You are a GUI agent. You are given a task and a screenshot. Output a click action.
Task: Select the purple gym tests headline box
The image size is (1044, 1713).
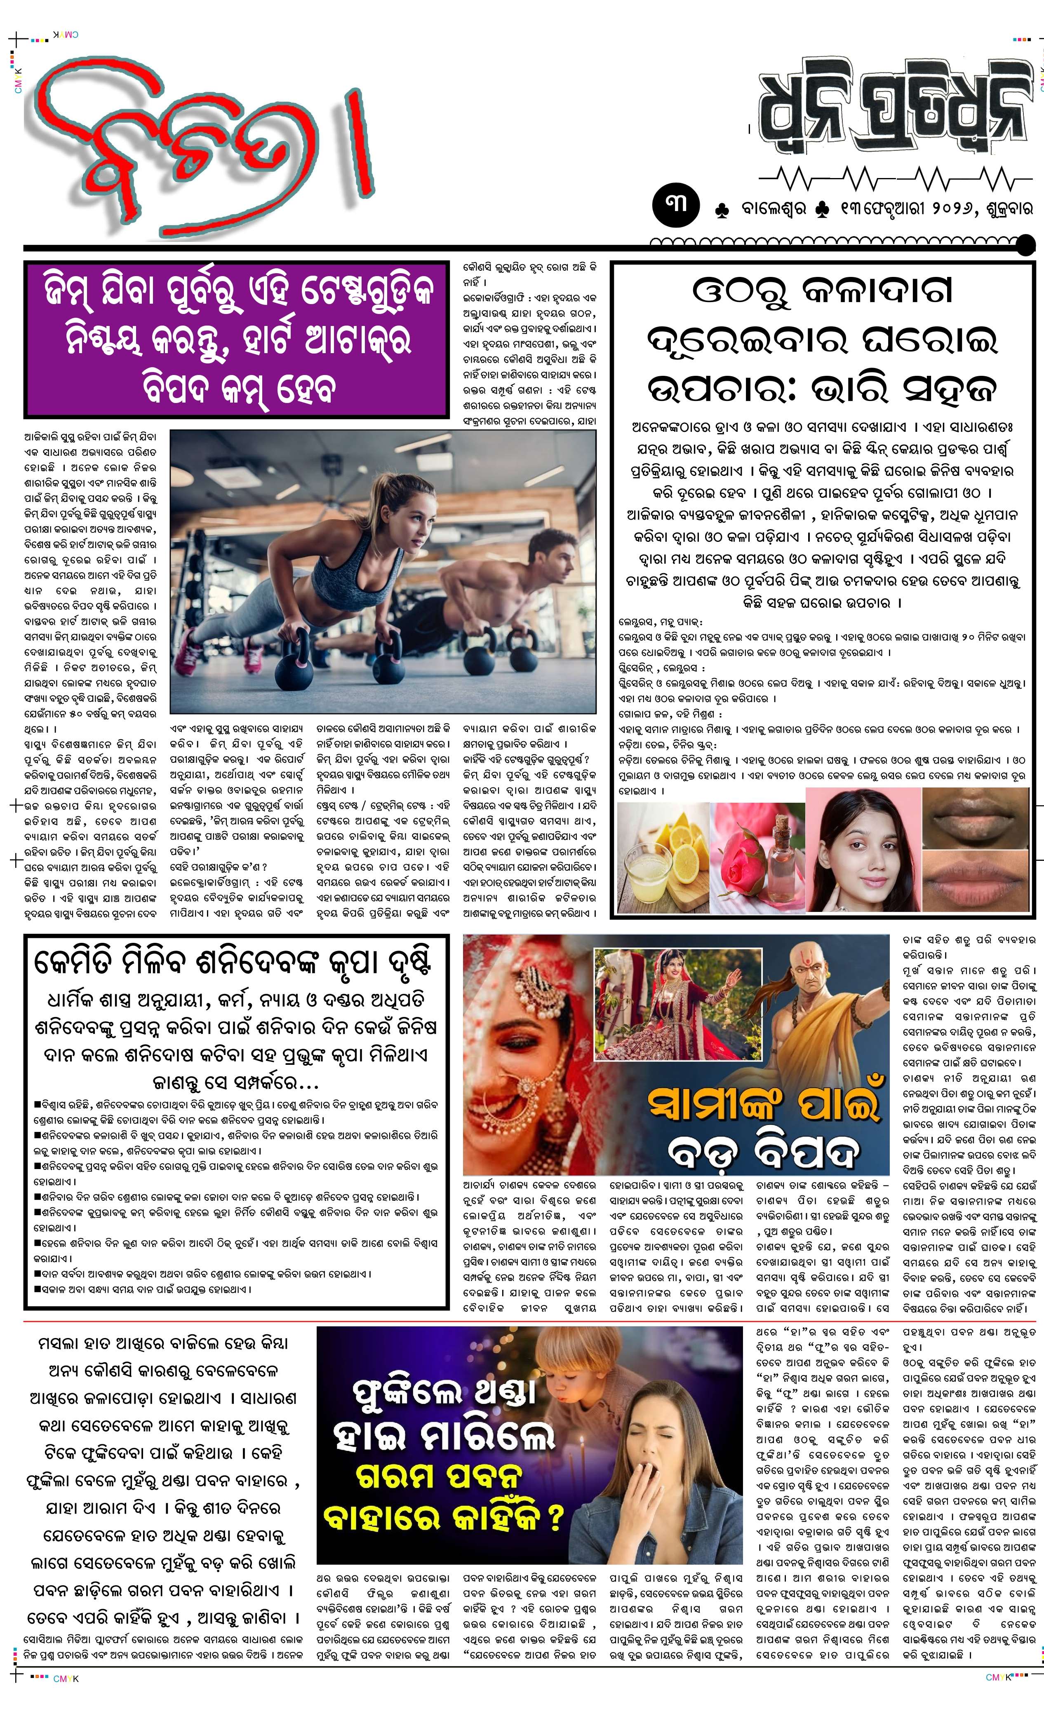pos(237,339)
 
